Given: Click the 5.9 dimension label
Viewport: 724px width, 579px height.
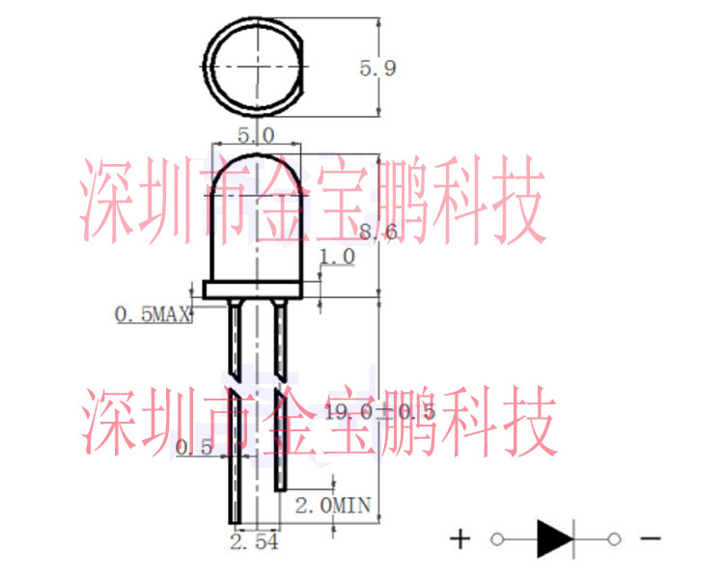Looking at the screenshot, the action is click(377, 68).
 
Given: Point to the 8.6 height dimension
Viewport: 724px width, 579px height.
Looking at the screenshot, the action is click(377, 232).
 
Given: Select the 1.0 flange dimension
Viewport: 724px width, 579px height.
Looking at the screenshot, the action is click(337, 256).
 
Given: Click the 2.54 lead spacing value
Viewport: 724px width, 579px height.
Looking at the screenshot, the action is click(254, 543).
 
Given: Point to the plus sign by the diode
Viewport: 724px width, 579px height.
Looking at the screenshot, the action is click(461, 538).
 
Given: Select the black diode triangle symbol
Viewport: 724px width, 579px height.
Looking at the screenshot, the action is click(554, 538).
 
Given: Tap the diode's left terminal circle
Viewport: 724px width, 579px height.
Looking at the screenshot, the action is click(497, 538).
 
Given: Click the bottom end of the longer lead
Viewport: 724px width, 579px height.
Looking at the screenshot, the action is click(233, 520).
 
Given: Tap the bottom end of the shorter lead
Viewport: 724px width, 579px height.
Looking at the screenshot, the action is click(281, 487).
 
